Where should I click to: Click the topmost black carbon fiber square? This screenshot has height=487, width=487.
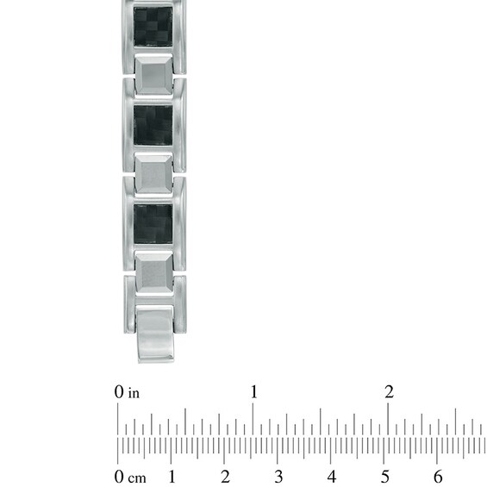pos(153,27)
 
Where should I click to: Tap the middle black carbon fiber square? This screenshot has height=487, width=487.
pos(153,125)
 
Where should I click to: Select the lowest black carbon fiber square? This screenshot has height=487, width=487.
pos(153,223)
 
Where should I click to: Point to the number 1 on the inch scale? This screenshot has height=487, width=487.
pos(253,391)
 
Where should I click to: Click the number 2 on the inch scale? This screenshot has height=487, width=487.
pos(389,391)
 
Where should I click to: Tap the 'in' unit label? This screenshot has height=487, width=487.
pos(134,393)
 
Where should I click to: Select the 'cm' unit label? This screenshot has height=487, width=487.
pos(137,478)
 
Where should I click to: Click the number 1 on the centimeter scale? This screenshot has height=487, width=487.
pos(172,476)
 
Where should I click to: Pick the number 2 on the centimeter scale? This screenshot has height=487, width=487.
pos(225,476)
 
